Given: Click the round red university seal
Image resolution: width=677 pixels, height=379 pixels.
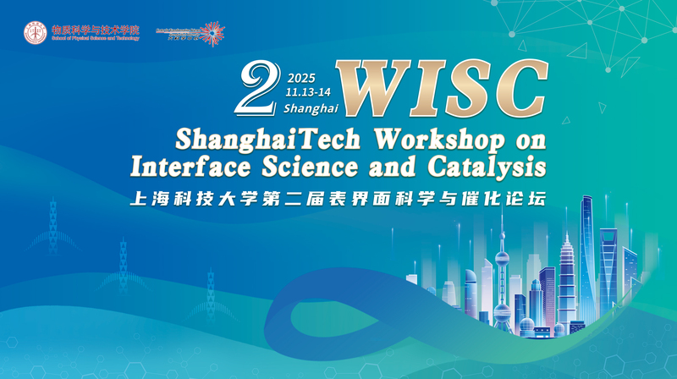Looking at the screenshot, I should pos(36,33).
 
